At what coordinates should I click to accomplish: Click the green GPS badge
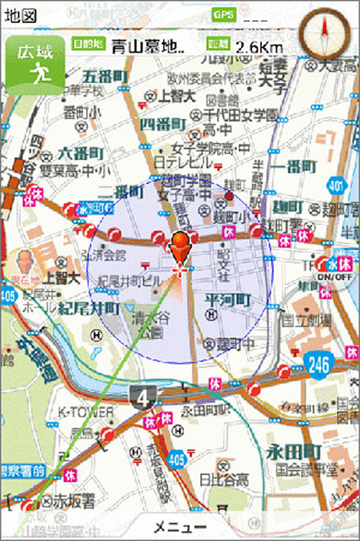(x=224, y=15)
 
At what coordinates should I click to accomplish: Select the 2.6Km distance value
(x=259, y=46)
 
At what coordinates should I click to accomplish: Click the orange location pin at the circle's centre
(x=179, y=250)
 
